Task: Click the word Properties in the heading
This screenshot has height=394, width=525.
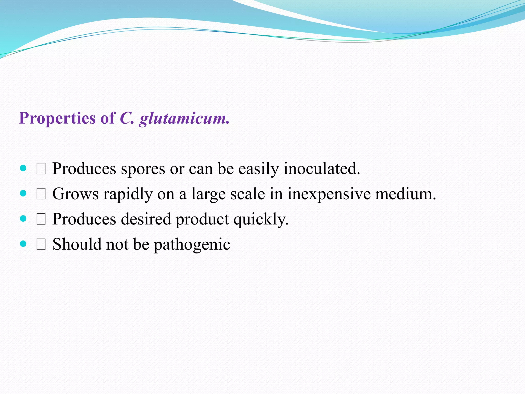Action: tap(57, 118)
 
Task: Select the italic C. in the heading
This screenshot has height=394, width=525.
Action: tap(127, 118)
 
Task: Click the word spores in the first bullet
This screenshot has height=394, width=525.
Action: tap(143, 169)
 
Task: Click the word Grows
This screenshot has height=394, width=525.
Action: tap(75, 194)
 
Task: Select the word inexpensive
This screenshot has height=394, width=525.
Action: tap(329, 194)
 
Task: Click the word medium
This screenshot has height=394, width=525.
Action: tap(406, 194)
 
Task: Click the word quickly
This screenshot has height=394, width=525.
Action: tap(261, 219)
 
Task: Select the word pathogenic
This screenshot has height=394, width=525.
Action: tap(192, 244)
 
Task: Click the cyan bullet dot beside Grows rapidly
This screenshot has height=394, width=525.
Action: tap(23, 193)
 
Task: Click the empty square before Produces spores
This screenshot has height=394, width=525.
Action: tap(41, 169)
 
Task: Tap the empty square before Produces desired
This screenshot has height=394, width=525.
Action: tap(41, 220)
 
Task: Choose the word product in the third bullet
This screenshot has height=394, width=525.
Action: tap(202, 219)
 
